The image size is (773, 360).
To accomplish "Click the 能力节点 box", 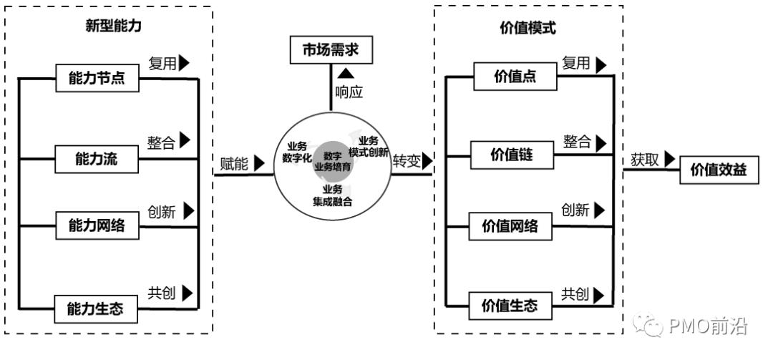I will click(x=95, y=78).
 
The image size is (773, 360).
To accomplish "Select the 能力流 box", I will click(x=95, y=159).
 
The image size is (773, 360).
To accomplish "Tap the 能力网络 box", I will click(x=95, y=226).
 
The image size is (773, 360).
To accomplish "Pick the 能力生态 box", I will click(x=95, y=309).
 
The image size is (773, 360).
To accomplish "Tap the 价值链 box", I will click(x=511, y=153).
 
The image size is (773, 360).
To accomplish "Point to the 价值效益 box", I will click(x=718, y=170).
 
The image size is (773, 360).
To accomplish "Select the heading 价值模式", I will click(x=528, y=29).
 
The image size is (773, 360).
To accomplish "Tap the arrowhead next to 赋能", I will click(x=258, y=162).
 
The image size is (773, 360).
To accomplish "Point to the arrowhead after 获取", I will click(x=670, y=158).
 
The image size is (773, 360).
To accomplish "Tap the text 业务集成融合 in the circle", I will click(x=332, y=195).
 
